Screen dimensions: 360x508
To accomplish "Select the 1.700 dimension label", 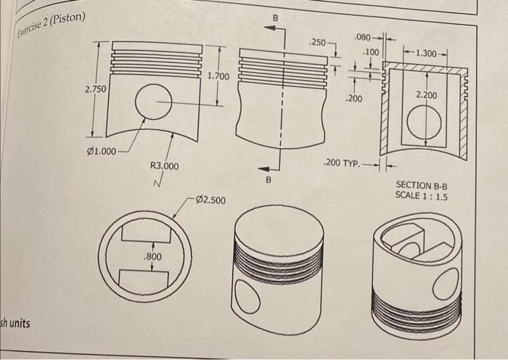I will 218,76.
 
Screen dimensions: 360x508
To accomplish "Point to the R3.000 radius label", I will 163,166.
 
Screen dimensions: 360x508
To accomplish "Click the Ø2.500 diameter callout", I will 210,200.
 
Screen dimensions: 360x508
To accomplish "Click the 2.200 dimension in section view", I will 426,95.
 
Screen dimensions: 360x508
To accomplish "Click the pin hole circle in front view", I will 153,102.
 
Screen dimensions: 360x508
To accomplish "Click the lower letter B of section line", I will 269,179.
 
